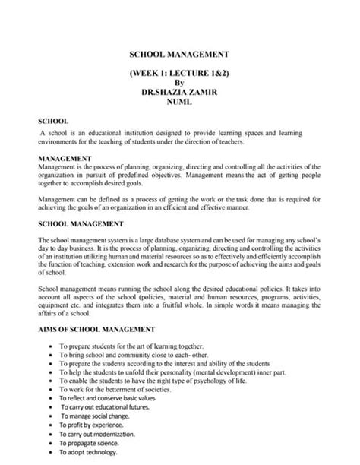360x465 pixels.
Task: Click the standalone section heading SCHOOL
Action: [53, 121]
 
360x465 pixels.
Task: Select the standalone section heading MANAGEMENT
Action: [65, 158]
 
